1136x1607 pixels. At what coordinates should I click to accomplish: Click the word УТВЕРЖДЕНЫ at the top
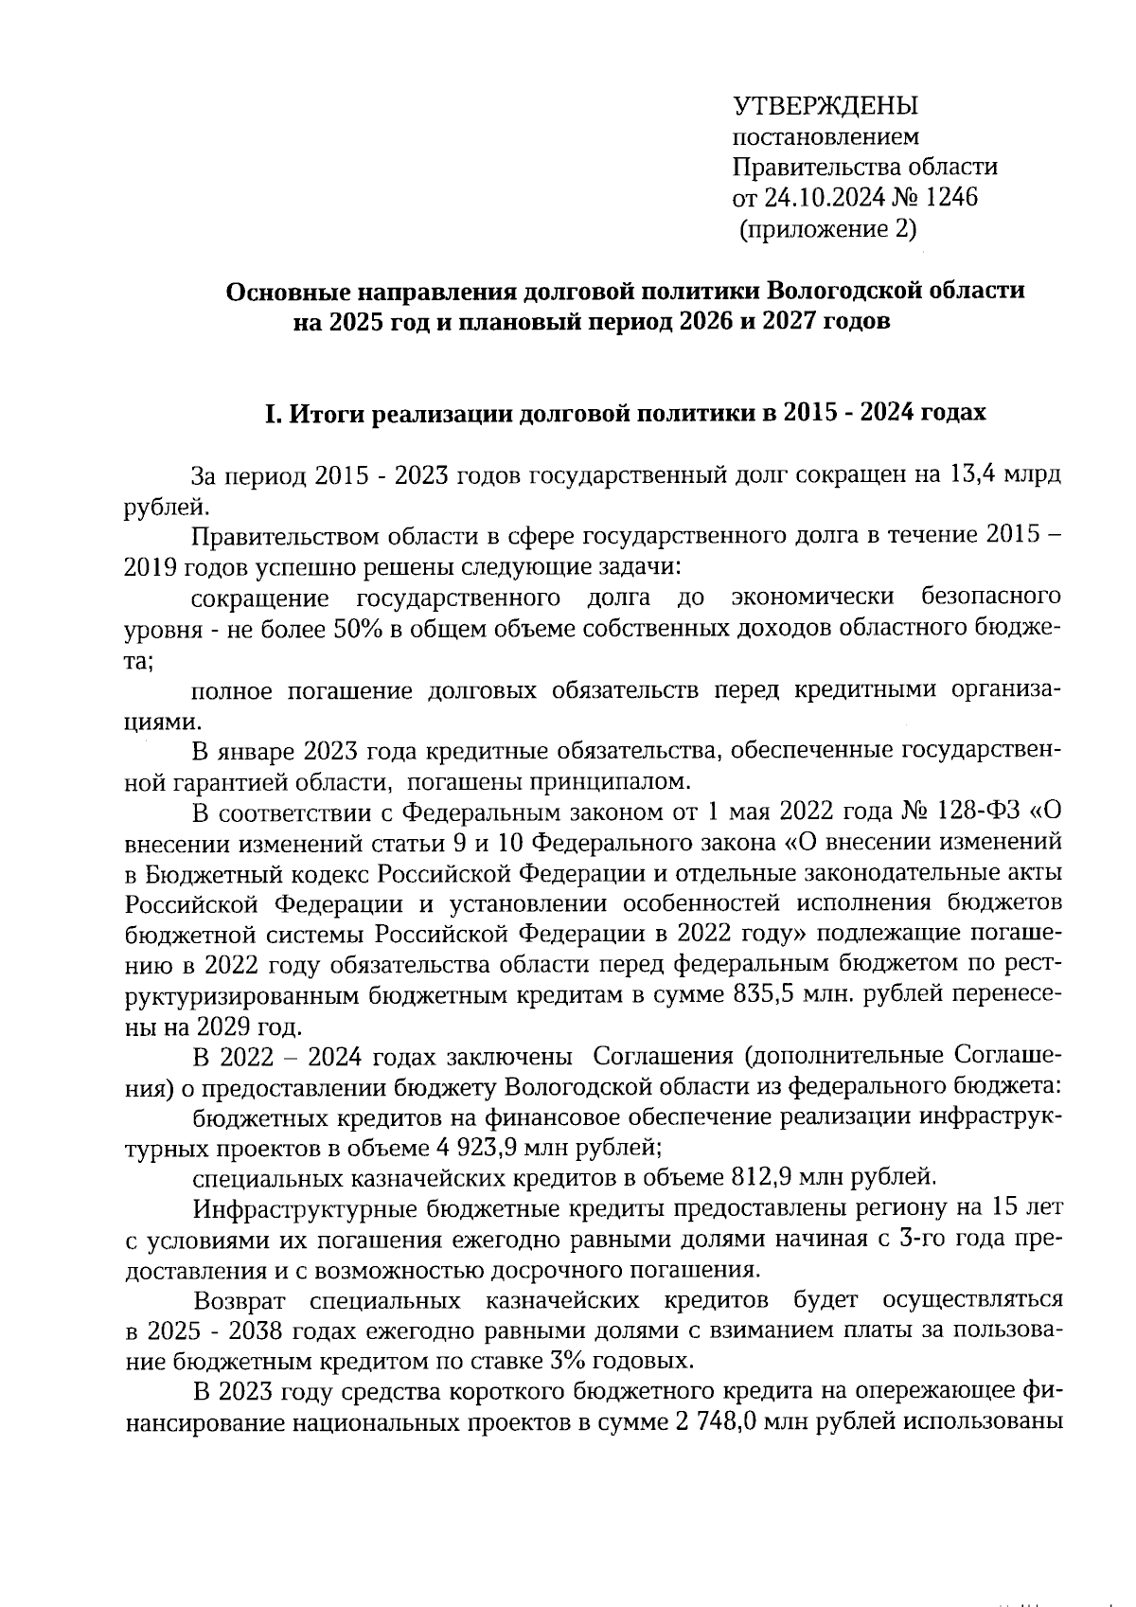[825, 105]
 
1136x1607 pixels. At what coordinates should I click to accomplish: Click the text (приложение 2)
[826, 228]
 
